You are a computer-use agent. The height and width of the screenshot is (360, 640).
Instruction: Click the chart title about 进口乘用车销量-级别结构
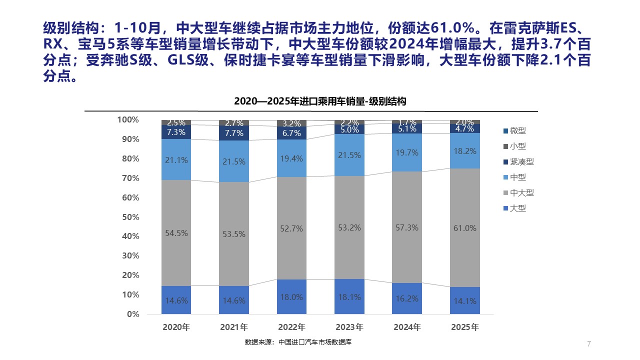320,101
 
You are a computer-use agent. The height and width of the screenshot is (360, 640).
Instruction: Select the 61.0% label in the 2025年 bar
465,228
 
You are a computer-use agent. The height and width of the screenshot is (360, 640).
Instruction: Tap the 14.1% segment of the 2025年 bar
465,301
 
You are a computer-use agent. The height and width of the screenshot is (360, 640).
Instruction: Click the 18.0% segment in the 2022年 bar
291,297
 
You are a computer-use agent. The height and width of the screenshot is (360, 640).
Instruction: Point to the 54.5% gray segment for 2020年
176,233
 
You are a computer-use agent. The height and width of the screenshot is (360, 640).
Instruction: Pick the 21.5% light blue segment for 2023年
349,155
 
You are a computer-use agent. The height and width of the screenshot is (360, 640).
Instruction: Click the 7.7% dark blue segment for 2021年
234,133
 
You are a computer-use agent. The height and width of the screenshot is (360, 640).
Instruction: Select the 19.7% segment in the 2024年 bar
407,153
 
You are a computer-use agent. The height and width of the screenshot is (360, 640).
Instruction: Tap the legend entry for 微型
518,131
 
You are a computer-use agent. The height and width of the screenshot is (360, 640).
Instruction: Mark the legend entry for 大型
518,208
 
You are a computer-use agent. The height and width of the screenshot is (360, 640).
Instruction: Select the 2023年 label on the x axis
349,327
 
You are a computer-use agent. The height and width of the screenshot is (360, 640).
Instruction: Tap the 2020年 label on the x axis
176,327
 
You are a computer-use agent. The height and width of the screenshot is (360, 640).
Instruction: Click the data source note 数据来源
301,342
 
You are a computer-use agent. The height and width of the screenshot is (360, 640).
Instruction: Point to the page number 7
589,343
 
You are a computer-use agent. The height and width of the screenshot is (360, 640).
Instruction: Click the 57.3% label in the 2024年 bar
407,227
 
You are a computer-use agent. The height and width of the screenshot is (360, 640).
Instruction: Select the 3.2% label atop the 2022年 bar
291,123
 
